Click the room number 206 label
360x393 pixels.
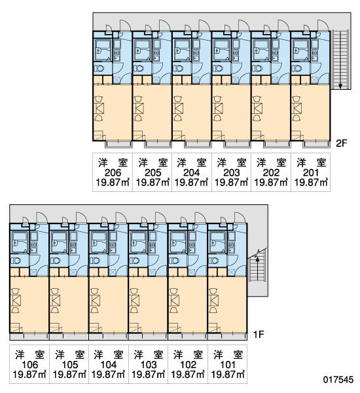[113, 173]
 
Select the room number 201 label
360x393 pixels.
[311, 173]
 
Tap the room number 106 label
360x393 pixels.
[30, 365]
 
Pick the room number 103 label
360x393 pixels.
[149, 365]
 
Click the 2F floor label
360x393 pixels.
[342, 143]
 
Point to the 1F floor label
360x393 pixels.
[259, 334]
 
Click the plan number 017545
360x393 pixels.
[338, 380]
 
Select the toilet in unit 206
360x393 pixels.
[99, 68]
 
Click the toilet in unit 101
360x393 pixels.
[214, 261]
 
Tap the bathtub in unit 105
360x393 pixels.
[59, 242]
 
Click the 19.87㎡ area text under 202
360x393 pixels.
[271, 183]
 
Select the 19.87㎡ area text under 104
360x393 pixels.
[109, 375]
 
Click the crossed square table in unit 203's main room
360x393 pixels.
[218, 108]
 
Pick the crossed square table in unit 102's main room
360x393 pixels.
[175, 301]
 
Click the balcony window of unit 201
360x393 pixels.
[316, 144]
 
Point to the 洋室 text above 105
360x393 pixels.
[70, 355]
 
